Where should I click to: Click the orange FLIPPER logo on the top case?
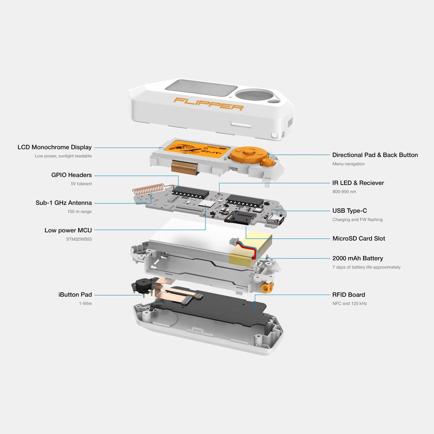[x=208, y=104]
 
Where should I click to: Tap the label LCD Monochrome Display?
[x=54, y=147]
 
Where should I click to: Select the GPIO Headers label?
[x=71, y=175]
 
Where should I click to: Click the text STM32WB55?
[x=79, y=239]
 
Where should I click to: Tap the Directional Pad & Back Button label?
[x=375, y=155]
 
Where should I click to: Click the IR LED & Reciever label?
[x=358, y=183]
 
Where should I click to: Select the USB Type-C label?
[x=349, y=211]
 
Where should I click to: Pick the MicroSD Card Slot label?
[x=358, y=238]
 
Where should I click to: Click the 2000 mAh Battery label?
[x=357, y=258]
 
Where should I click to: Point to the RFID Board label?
[x=348, y=295]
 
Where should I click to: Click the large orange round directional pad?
[x=246, y=154]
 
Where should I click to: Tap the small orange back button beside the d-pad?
[x=268, y=163]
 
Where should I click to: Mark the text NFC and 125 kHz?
[x=350, y=304]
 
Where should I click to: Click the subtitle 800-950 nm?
[x=345, y=192]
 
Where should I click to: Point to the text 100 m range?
[x=80, y=212]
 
